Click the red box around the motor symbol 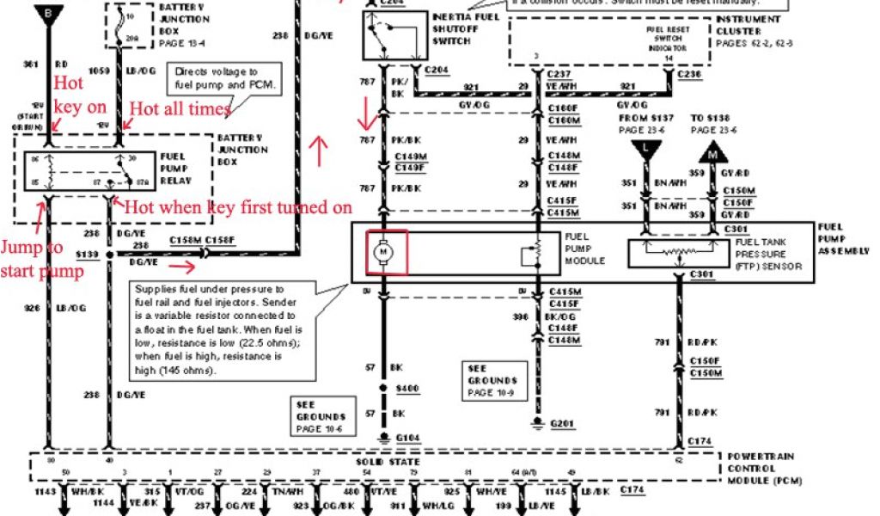[387, 253]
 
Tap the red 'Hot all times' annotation [179, 108]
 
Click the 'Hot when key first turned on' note [238, 207]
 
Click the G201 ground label [561, 424]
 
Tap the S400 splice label [407, 389]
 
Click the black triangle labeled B [48, 15]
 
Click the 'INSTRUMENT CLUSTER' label [748, 30]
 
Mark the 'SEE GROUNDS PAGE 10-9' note [492, 380]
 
